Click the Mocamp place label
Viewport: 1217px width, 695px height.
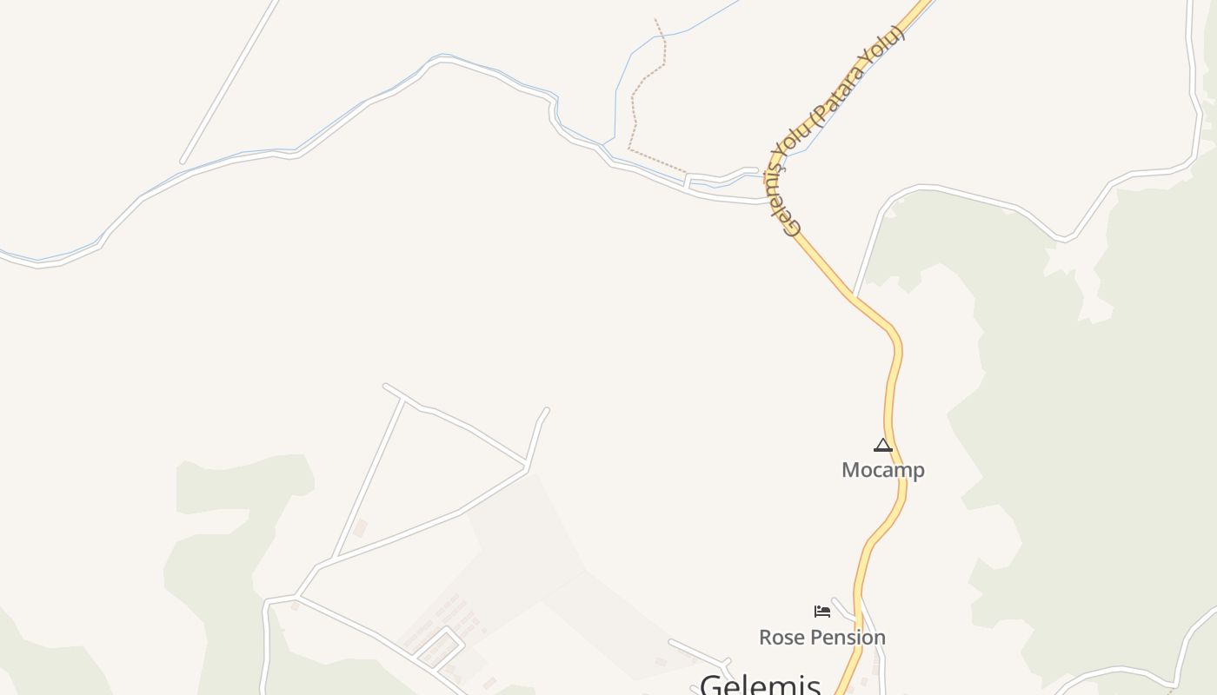coord(882,470)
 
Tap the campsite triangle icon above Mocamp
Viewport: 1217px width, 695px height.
coord(883,446)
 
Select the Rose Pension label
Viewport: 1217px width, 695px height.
coord(821,637)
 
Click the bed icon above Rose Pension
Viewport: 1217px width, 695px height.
coord(821,612)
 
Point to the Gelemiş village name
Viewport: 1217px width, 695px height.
coord(760,684)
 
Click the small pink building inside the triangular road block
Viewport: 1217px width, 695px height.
coord(360,527)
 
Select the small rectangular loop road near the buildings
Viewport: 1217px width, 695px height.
coord(439,648)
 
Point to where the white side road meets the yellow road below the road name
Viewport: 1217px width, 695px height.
coord(855,296)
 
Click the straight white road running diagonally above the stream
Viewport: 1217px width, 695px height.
coord(230,80)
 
